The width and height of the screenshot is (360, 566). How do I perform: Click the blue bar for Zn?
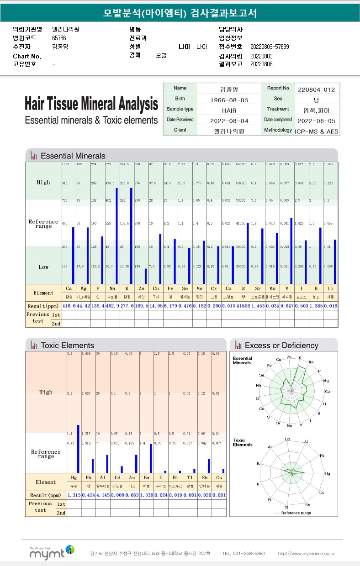tap(146, 276)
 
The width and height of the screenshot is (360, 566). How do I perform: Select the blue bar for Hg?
tap(78, 449)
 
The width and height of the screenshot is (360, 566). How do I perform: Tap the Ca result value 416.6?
tap(69, 305)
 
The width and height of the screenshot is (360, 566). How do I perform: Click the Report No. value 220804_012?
tap(316, 89)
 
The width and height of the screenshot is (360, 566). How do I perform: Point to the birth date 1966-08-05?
tap(229, 100)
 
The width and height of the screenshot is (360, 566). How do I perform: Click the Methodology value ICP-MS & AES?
tap(317, 131)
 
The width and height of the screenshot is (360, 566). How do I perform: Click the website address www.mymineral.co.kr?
tap(306, 554)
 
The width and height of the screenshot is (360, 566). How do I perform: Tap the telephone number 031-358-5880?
tap(244, 554)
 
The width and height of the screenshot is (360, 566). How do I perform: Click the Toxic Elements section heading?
tap(67, 346)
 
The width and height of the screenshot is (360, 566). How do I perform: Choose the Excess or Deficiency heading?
tap(281, 346)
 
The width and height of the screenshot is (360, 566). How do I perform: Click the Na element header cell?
tap(112, 289)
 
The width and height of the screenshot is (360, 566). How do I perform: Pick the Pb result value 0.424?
tap(89, 495)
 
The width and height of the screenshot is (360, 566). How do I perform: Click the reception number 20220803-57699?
tap(270, 47)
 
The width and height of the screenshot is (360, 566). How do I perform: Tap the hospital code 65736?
tap(59, 38)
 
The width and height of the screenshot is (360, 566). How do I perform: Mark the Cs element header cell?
tap(219, 477)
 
